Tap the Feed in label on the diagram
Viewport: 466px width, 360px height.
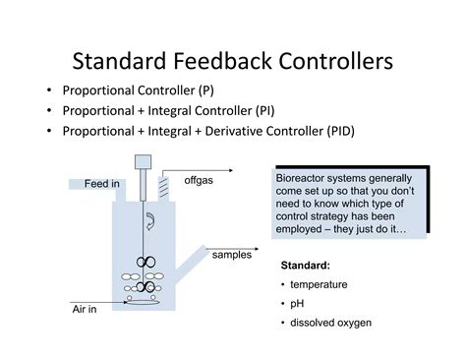point(102,184)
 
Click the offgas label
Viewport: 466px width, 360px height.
point(199,180)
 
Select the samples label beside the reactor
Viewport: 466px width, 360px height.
point(232,255)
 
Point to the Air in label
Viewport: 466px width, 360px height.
point(88,310)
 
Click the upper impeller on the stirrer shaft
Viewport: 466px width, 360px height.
point(145,262)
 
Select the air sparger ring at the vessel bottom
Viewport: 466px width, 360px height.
point(146,301)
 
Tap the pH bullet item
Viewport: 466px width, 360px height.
point(298,303)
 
